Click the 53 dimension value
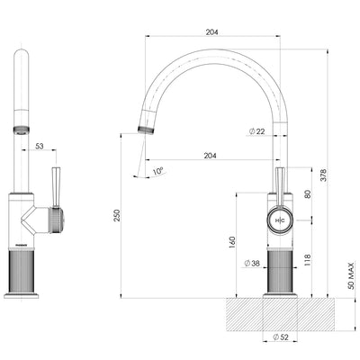pos(40,145)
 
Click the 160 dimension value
pos(233,242)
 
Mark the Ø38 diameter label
pos(254,264)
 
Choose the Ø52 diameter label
pos(278,338)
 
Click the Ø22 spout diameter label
pos(256,132)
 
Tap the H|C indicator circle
pos(278,220)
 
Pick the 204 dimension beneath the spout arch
pos(211,155)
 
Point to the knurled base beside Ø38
pos(278,270)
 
